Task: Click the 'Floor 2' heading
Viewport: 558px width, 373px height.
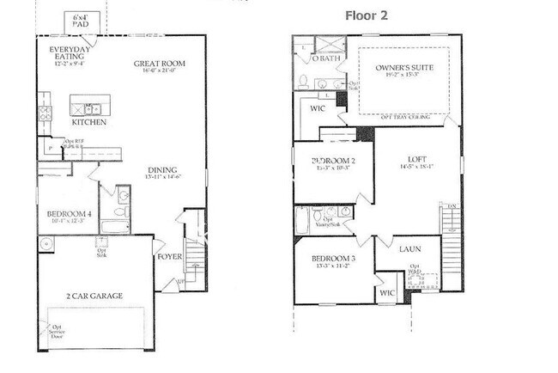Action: click(367, 15)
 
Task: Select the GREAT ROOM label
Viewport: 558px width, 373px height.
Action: click(160, 64)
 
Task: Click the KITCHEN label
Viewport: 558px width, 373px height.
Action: click(89, 122)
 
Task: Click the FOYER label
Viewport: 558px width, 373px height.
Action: click(168, 255)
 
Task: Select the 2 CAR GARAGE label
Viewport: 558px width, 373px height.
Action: click(94, 296)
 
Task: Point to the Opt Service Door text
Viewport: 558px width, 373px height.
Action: click(58, 331)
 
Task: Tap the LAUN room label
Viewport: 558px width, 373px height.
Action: click(409, 249)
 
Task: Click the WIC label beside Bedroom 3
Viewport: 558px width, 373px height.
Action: click(387, 293)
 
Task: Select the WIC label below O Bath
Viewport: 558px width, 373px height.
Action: click(318, 109)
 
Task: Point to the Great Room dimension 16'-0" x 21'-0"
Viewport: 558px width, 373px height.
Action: click(160, 73)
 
